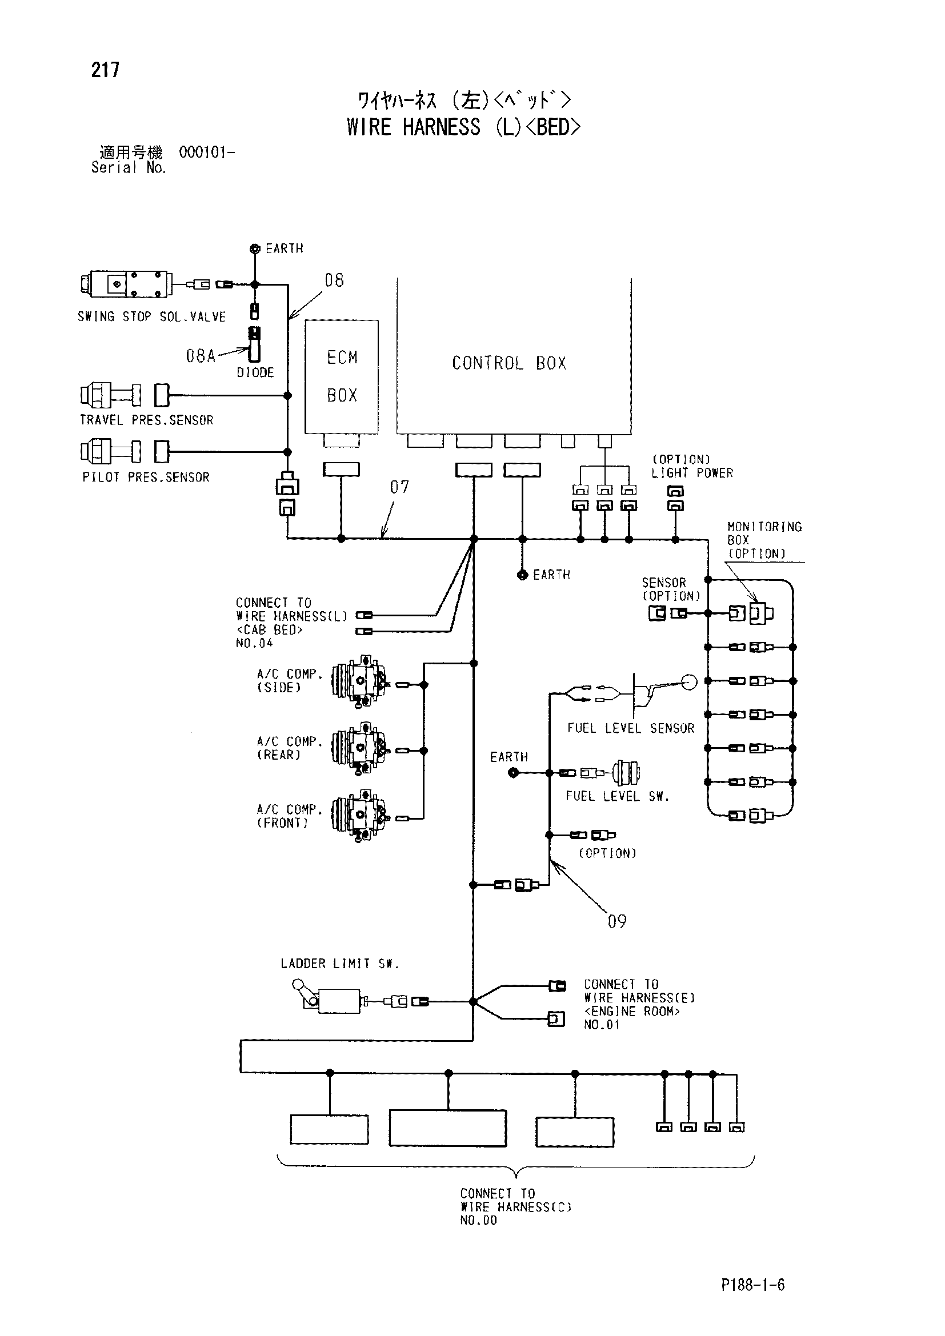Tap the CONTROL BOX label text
[x=509, y=363]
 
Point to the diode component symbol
[x=254, y=344]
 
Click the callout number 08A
[x=201, y=355]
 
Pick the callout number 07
[x=399, y=487]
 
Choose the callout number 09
[x=617, y=921]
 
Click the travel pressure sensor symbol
[x=111, y=395]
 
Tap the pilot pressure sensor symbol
[x=111, y=452]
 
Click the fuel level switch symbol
[x=627, y=773]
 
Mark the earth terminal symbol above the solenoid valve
[x=254, y=249]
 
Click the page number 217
[x=105, y=70]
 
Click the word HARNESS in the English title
[x=442, y=127]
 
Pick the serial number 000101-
[x=207, y=153]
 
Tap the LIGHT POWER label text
[x=692, y=473]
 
